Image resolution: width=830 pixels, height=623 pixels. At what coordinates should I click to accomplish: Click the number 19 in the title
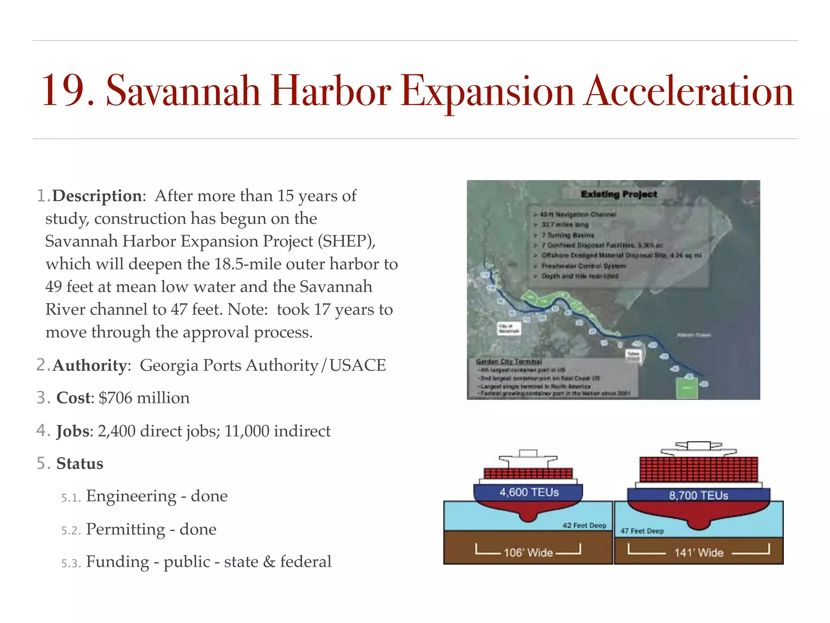pos(67,92)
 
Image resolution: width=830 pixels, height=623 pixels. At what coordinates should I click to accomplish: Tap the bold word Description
pos(97,196)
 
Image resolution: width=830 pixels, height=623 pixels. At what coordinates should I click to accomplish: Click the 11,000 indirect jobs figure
pos(247,431)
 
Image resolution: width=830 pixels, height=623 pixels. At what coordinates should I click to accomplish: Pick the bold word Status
pos(80,464)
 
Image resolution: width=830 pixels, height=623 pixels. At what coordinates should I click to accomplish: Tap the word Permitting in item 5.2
pos(126,529)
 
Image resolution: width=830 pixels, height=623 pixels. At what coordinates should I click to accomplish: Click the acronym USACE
pos(357,365)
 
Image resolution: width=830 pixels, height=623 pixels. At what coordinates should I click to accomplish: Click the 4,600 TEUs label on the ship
pos(529,492)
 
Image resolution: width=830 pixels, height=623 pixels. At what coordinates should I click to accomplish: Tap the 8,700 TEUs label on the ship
pos(698,495)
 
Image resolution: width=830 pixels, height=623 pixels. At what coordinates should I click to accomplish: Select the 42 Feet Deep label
pos(584,525)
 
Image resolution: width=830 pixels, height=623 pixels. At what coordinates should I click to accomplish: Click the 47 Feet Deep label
pos(642,531)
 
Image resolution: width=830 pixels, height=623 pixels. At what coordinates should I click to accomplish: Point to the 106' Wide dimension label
pos(528,552)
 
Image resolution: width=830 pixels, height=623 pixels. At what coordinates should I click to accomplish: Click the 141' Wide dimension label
pos(699,552)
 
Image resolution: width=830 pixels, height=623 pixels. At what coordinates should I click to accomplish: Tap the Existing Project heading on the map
pos(619,194)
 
